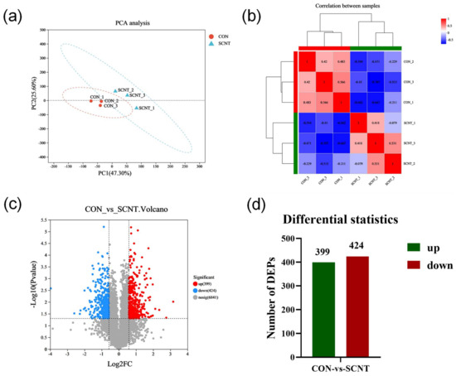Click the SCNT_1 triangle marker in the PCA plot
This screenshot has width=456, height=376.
click(x=137, y=108)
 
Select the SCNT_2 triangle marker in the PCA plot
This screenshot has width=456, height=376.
click(x=116, y=90)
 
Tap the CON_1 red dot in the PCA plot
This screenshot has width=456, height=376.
click(x=93, y=100)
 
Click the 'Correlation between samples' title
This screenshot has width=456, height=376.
click(x=352, y=7)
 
